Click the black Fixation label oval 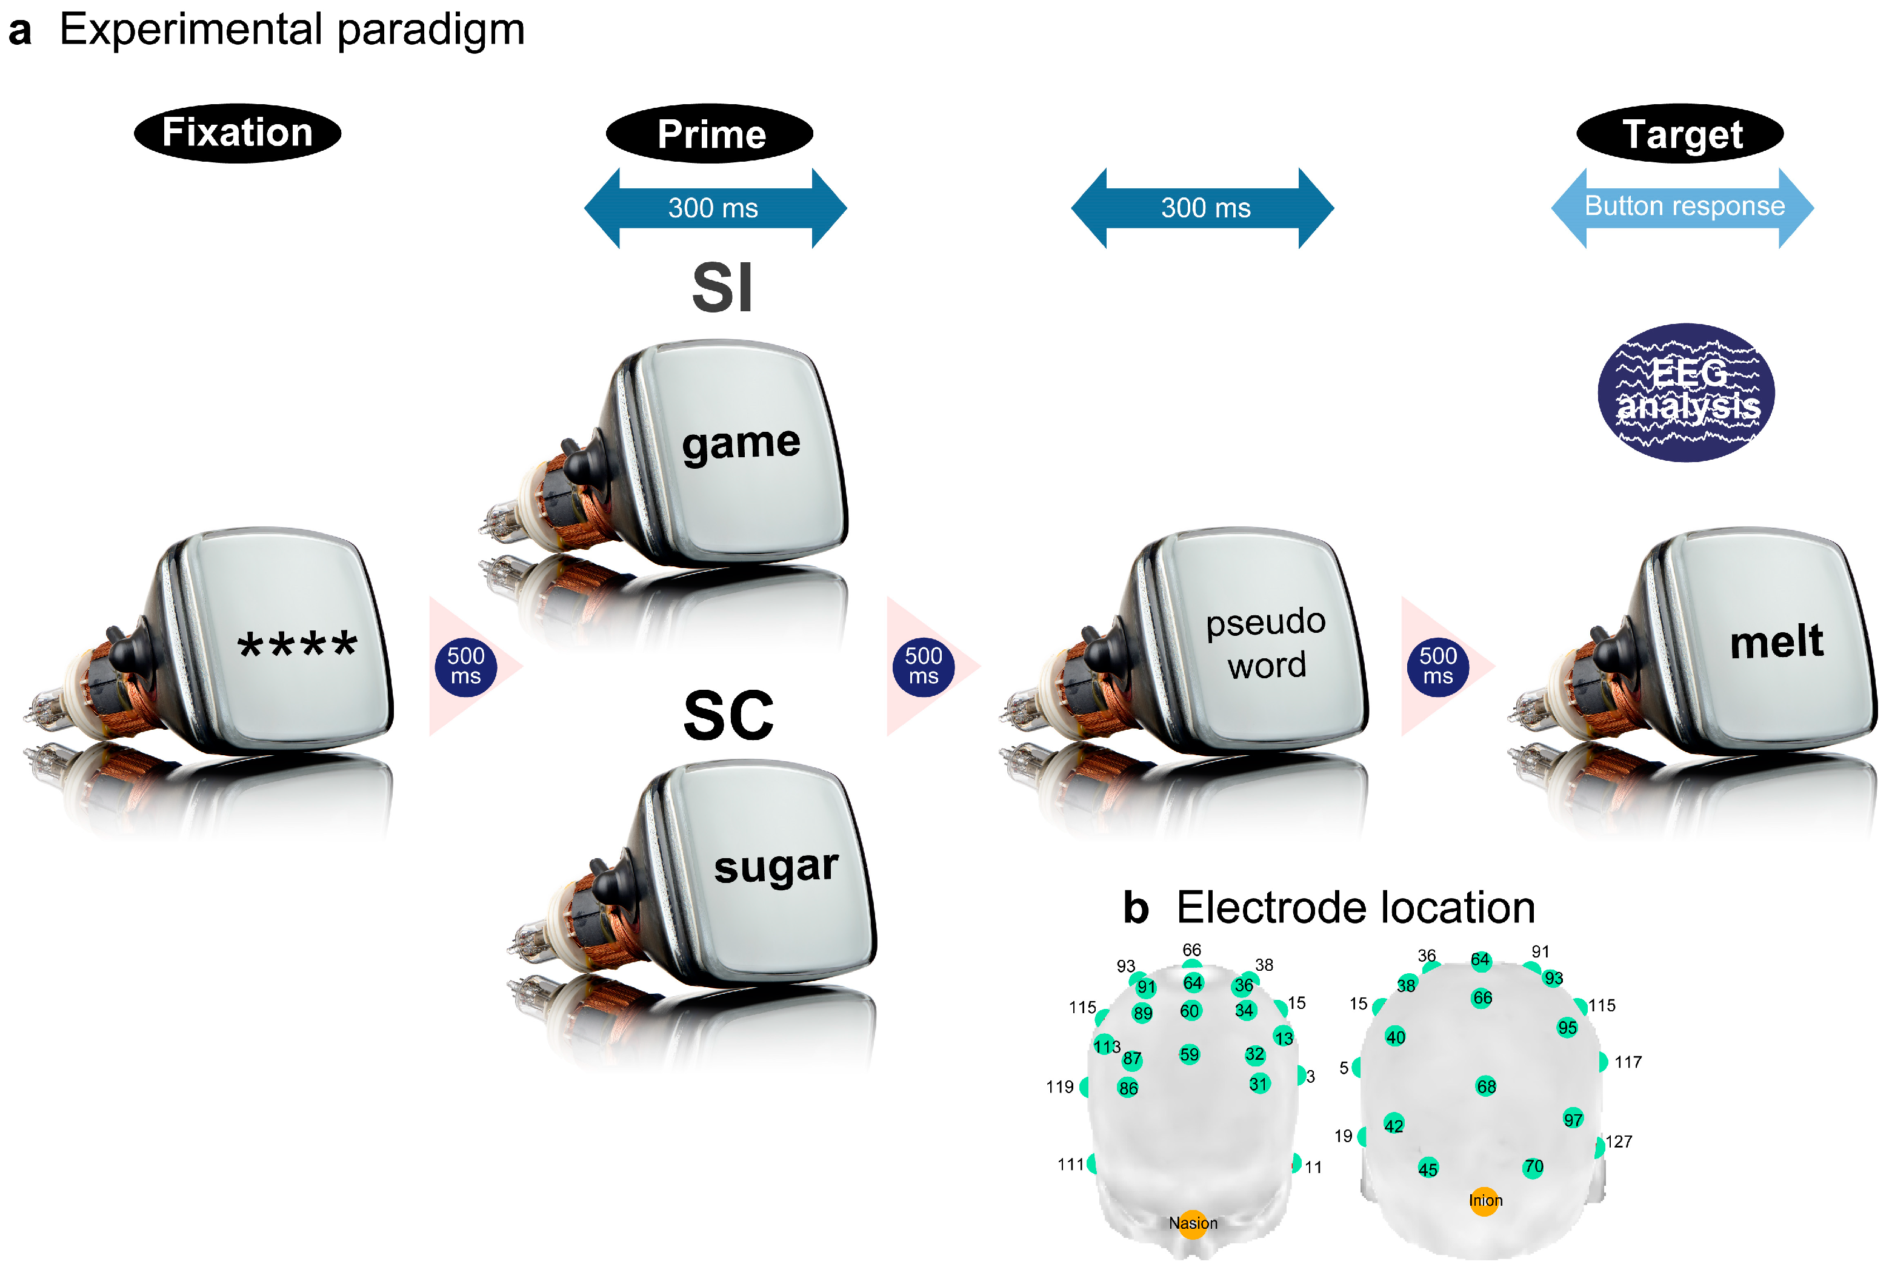pos(237,133)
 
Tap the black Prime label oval pos(710,133)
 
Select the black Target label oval pos(1682,133)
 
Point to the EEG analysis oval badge pos(1687,392)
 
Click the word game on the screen pos(741,445)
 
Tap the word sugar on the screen pos(776,867)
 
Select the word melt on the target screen pos(1776,642)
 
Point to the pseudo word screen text pos(1267,643)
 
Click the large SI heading pos(722,288)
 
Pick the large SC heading pos(728,716)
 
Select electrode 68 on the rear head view pos(1487,1087)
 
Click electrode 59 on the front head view pos(1190,1056)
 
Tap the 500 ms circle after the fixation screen pos(465,667)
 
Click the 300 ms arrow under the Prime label pos(714,208)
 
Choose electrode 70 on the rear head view pos(1534,1168)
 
